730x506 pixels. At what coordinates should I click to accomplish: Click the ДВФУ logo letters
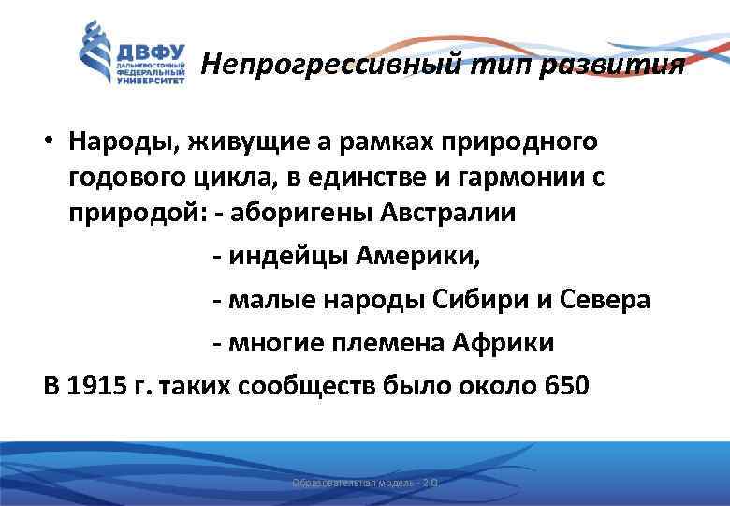pyautogui.click(x=151, y=50)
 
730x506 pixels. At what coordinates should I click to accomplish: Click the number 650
pyautogui.click(x=566, y=386)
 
